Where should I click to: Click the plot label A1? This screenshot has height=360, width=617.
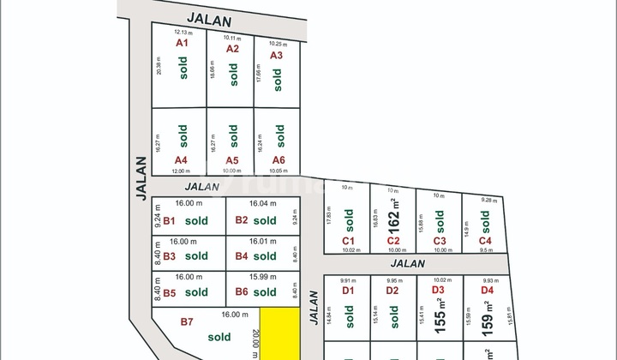[181, 43]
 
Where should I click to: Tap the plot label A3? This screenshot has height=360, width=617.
[276, 55]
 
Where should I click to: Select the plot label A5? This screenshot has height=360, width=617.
[232, 160]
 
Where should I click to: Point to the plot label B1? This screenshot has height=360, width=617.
[169, 220]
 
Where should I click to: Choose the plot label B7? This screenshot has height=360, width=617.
[187, 321]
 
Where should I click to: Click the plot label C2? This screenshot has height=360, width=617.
[393, 242]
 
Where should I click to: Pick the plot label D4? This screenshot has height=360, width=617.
[488, 291]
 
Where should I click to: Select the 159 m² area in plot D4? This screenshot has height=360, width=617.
[487, 318]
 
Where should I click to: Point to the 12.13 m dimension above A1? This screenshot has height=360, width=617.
[174, 32]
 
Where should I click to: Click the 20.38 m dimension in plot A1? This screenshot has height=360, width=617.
[159, 68]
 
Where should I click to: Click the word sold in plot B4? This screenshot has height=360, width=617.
[265, 255]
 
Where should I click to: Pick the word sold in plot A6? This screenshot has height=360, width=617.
[278, 135]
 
